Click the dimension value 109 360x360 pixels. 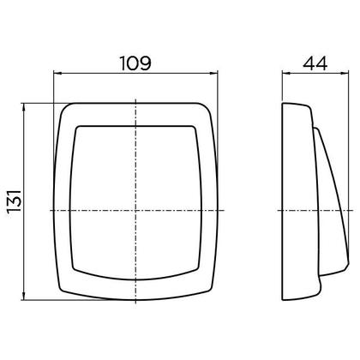(x=136, y=63)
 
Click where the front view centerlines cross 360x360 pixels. (x=136, y=210)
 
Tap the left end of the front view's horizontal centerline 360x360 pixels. (x=45, y=210)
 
